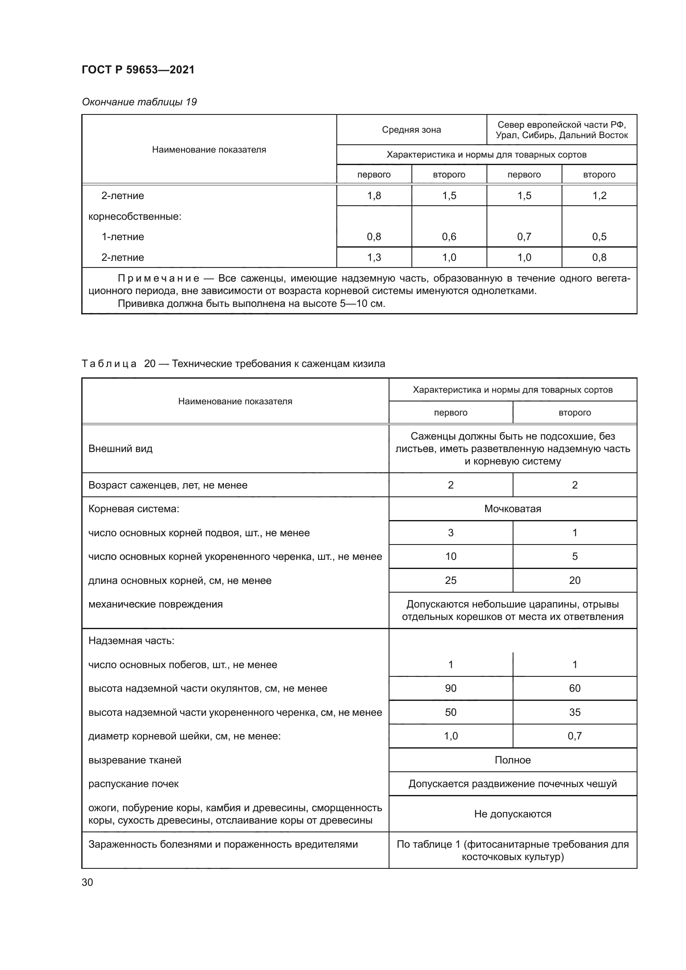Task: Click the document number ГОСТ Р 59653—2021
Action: (x=138, y=70)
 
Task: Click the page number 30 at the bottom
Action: (x=88, y=882)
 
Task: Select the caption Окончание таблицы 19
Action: (x=139, y=102)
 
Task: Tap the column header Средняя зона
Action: (x=411, y=130)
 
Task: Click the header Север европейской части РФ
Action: (x=562, y=125)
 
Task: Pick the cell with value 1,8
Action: (x=374, y=196)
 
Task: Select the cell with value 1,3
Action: (x=374, y=257)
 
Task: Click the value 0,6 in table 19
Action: (x=449, y=236)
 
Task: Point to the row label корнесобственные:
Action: (x=135, y=217)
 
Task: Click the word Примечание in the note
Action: (x=158, y=278)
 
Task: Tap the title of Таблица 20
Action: (x=233, y=364)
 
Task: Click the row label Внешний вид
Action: (x=120, y=449)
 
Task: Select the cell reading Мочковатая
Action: (x=512, y=509)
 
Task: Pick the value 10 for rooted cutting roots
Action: (x=450, y=557)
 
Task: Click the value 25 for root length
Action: (x=450, y=580)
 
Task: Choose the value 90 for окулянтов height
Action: (x=450, y=688)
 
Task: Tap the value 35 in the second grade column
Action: (x=574, y=712)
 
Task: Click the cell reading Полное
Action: (x=512, y=760)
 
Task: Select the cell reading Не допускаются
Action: (x=512, y=814)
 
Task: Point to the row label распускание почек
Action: (x=134, y=784)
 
